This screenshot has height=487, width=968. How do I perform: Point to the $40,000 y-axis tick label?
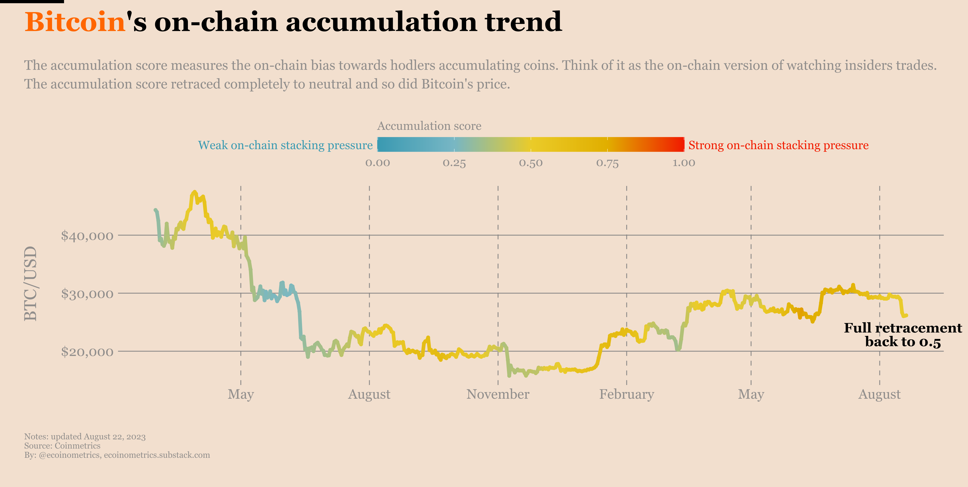[x=87, y=236]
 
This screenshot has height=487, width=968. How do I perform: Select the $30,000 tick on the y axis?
[x=87, y=294]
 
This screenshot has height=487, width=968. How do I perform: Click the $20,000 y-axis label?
[x=87, y=352]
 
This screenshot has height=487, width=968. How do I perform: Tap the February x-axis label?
[x=626, y=394]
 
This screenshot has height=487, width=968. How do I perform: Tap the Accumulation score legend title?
[x=429, y=126]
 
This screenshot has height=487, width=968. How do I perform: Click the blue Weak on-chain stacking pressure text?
[x=285, y=145]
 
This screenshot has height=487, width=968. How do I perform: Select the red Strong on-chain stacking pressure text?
[x=778, y=145]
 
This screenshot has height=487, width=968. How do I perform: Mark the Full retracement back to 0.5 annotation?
[x=903, y=335]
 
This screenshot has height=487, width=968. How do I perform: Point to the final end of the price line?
[x=906, y=315]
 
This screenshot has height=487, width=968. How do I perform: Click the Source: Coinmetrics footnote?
[x=62, y=446]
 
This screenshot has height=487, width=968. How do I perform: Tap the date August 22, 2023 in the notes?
[x=115, y=437]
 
